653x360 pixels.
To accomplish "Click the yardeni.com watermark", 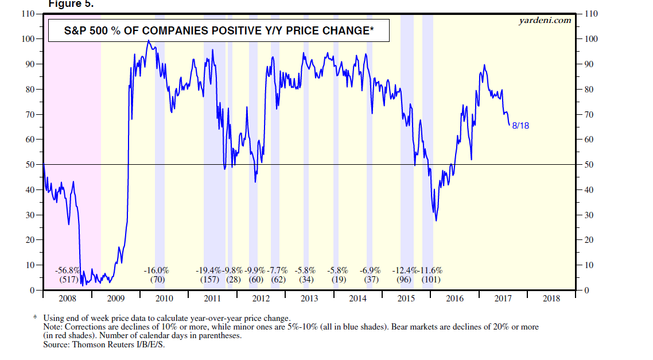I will (x=545, y=21).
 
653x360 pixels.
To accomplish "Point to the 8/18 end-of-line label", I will (x=520, y=125).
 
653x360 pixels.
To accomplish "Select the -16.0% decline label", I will (x=156, y=270).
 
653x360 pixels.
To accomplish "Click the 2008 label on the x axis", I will (x=67, y=299).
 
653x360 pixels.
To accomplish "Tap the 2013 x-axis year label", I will (x=309, y=299).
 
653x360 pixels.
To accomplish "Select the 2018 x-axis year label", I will (x=551, y=299).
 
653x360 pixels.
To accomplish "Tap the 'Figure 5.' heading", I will (x=69, y=3).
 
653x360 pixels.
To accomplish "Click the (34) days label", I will (x=306, y=280).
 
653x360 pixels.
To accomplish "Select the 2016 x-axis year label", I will (x=454, y=299).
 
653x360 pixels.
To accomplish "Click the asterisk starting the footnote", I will (x=35, y=318).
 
